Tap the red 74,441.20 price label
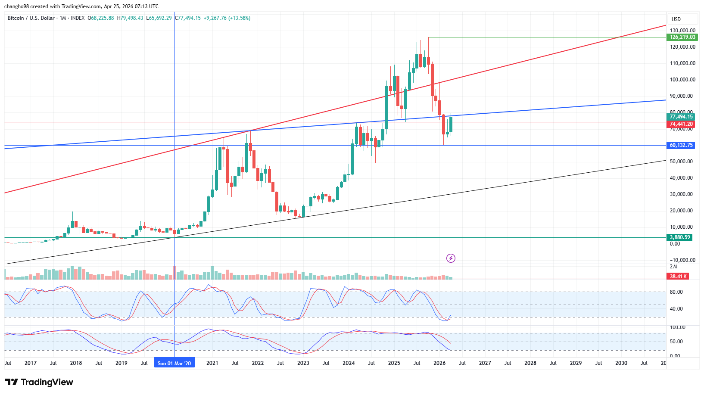coord(681,124)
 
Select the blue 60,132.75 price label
coord(681,145)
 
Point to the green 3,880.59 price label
coord(679,237)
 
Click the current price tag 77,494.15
coord(681,117)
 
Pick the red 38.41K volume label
coord(678,276)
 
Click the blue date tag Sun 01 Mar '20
coord(174,363)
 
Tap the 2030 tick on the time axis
coord(621,363)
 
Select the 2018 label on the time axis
coord(76,363)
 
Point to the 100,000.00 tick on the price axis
coord(682,80)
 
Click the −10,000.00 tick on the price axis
coord(682,260)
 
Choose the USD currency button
coord(676,19)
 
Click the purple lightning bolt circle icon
coord(451,258)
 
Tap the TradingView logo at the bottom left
coord(39,382)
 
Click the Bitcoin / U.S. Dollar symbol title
coord(31,18)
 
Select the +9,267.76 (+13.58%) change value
coord(227,18)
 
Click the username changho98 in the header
coord(16,6)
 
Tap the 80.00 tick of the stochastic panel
coord(676,292)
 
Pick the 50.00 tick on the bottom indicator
coord(676,342)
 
